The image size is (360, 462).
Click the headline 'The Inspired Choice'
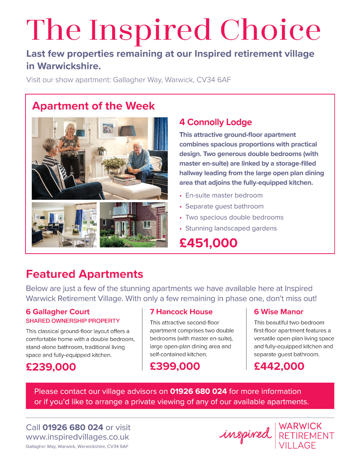173,30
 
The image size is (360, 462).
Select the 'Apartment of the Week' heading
94,106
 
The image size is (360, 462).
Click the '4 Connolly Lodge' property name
215,122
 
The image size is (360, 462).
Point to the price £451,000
208,243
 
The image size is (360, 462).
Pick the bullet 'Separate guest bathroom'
224,206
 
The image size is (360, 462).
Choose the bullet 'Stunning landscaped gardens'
231,228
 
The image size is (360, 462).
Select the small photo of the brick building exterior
134,225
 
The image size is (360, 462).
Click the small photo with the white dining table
64,225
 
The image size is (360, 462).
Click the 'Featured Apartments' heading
85,274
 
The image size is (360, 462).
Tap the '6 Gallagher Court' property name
58,312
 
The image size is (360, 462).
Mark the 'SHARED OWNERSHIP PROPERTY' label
73,321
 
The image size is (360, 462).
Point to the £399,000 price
175,366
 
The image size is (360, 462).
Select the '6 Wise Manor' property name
279,312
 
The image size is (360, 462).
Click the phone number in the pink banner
198,391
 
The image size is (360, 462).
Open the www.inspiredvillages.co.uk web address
77,437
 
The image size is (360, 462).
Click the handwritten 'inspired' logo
245,435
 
